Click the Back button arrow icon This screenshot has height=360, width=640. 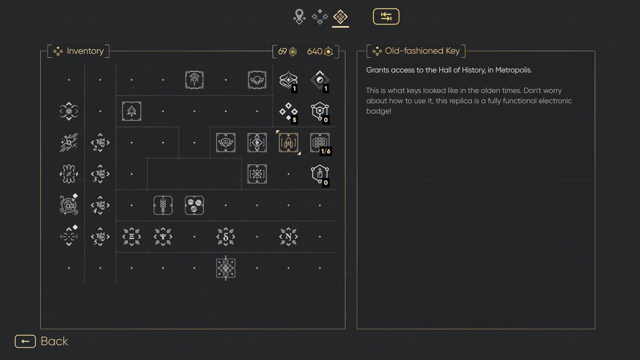tap(25, 341)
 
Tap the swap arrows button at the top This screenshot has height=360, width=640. tap(386, 16)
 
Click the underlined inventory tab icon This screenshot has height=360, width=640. tap(340, 17)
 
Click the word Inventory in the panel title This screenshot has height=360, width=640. tap(85, 51)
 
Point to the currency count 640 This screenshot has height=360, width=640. tap(314, 51)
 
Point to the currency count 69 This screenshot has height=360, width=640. tap(282, 51)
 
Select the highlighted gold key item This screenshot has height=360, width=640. tap(288, 143)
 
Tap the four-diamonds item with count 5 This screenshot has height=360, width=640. tap(288, 111)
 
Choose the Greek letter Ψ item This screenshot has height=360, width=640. tap(163, 237)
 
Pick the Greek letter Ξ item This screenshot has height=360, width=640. tap(132, 237)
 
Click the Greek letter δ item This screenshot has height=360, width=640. tap(226, 237)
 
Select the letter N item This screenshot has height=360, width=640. tap(288, 237)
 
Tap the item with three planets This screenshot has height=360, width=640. tap(194, 205)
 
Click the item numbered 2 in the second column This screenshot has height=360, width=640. tap(100, 143)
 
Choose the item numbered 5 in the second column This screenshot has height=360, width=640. tap(100, 237)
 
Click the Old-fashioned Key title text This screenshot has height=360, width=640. tap(422, 51)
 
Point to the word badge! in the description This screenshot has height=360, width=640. tap(379, 111)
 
